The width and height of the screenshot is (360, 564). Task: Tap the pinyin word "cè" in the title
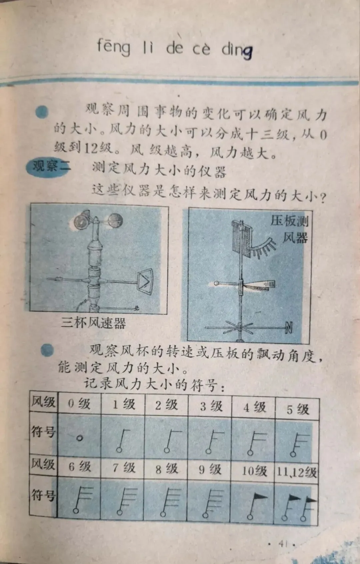point(201,49)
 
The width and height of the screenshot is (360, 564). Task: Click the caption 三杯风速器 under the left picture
point(93,322)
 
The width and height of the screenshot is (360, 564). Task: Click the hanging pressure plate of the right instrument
point(241,238)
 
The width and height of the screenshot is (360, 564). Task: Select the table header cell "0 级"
point(79,404)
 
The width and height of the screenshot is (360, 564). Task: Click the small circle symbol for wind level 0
point(80,438)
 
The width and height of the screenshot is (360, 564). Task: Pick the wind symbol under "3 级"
point(214,442)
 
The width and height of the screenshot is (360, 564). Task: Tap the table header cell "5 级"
point(298,409)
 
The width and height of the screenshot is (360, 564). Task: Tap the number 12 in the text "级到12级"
point(91,148)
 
